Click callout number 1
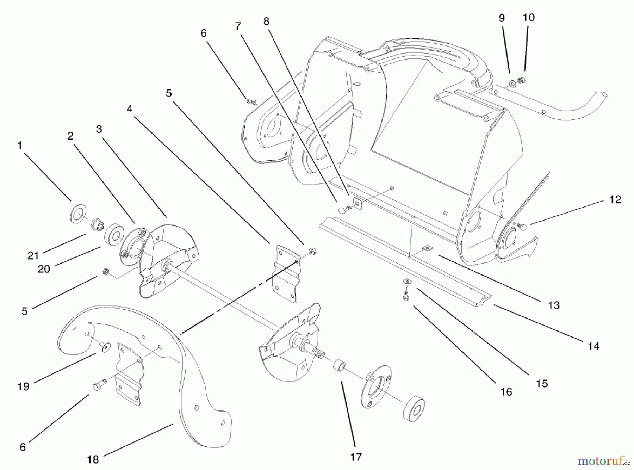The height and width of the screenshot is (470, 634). [20, 145]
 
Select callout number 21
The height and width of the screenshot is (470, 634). [33, 255]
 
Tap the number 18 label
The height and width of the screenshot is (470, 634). [93, 460]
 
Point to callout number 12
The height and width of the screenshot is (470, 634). [615, 199]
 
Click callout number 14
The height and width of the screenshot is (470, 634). [593, 346]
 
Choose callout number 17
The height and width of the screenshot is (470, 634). [356, 457]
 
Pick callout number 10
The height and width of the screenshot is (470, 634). [529, 17]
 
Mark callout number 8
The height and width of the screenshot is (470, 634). [266, 21]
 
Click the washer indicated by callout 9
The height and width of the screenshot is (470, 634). [512, 84]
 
